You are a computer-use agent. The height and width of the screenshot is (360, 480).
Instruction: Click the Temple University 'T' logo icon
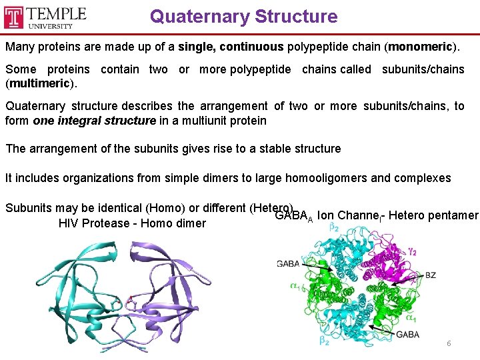(14, 17)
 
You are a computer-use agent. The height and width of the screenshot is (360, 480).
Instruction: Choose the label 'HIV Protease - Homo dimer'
(132, 223)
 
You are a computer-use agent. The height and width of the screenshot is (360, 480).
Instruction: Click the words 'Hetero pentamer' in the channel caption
(433, 215)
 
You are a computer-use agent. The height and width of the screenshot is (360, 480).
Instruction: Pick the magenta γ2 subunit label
(413, 253)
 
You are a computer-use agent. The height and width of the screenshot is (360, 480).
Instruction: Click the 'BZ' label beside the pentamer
(430, 275)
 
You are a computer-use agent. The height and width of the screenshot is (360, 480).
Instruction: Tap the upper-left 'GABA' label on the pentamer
(288, 264)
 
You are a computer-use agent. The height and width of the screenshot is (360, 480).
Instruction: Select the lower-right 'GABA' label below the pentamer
(408, 335)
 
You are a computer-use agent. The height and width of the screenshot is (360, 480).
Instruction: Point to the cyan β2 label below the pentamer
(323, 342)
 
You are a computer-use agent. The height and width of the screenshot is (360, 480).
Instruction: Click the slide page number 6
(449, 343)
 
